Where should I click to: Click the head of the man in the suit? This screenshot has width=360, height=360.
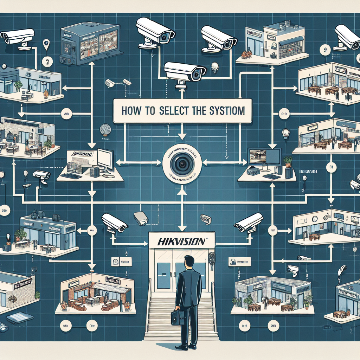point(189,262)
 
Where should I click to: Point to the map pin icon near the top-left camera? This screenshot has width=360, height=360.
point(46,45)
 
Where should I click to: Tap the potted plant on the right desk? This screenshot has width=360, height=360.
point(288,162)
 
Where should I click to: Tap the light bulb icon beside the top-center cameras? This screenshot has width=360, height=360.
point(214,67)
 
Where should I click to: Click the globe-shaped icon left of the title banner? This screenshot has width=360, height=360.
point(104,129)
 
